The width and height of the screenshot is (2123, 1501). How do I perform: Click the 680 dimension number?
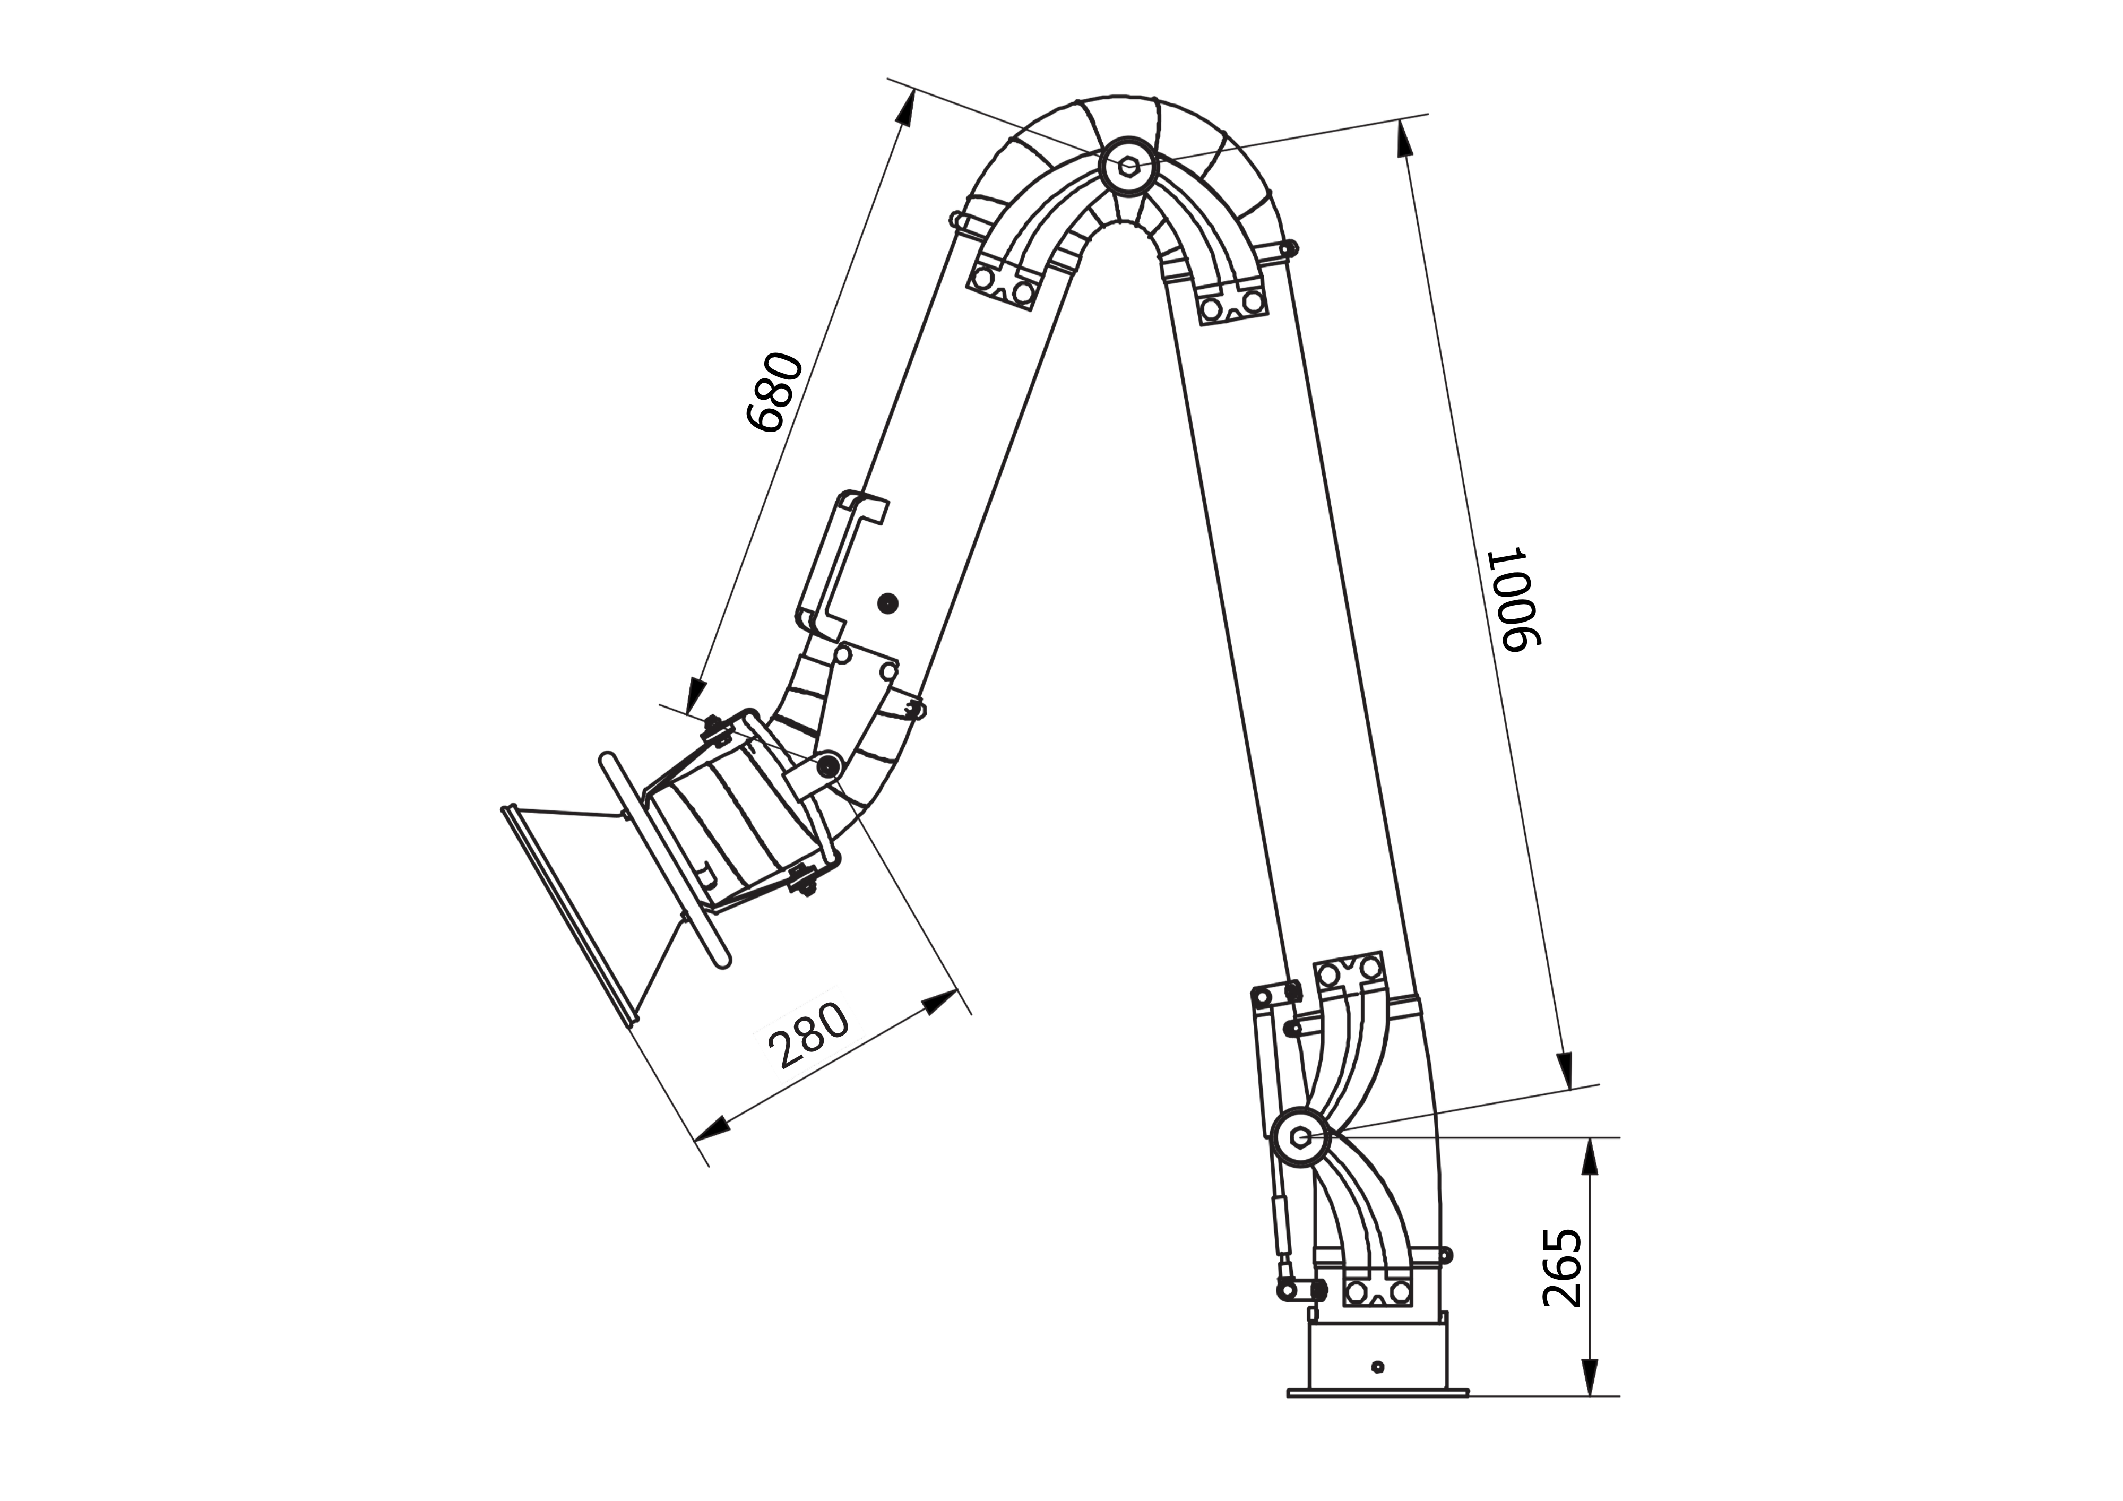[x=775, y=392]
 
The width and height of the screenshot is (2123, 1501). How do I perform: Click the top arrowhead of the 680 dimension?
[x=905, y=109]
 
